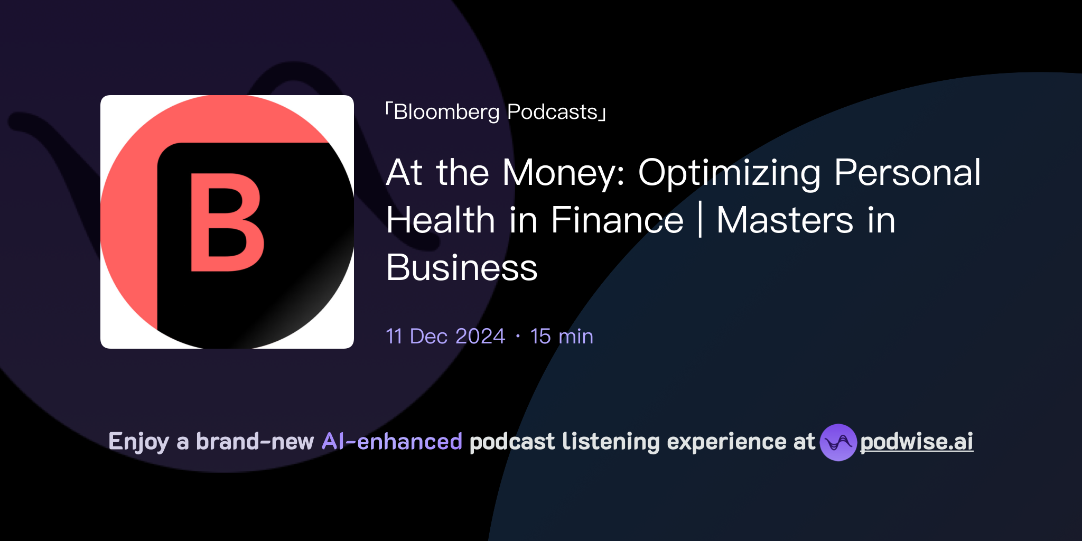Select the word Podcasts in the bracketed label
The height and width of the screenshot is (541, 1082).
coord(552,112)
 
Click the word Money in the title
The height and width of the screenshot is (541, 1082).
coord(563,173)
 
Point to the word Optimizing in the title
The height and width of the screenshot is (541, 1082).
coord(730,173)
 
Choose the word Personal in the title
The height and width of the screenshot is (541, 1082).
coord(907,173)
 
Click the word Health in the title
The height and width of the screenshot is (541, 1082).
coord(440,220)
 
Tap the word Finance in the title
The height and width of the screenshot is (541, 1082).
coord(617,220)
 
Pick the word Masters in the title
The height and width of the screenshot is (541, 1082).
coord(785,220)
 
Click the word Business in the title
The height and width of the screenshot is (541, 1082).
coord(462,268)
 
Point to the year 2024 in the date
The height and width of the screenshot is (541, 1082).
coord(480,337)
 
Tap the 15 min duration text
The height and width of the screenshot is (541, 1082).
coord(562,337)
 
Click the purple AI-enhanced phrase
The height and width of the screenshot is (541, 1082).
coord(392,442)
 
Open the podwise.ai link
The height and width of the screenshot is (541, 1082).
coord(917,442)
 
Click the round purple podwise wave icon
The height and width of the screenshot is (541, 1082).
coord(838,442)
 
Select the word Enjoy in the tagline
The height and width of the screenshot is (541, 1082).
coord(138,442)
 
